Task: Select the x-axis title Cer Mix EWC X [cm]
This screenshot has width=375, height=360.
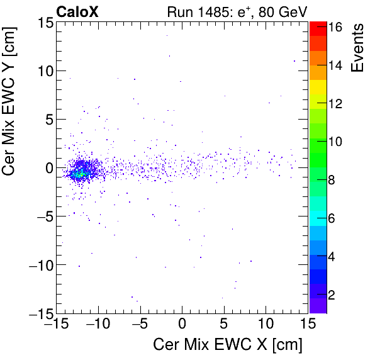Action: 228,345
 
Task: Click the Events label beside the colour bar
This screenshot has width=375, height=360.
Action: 357,48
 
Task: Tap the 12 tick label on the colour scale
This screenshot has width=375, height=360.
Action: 335,104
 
